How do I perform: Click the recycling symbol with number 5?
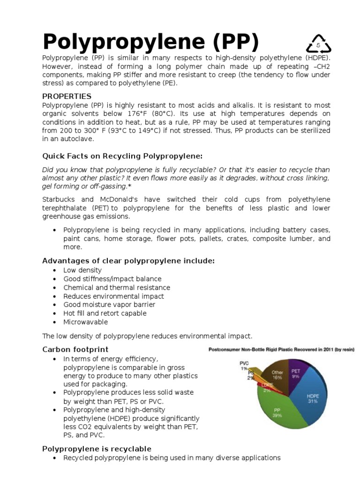318,44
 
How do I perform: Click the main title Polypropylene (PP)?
150,42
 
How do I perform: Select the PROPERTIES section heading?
67,96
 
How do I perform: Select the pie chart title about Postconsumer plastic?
281,349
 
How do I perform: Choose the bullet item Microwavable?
86,322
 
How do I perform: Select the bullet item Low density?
82,270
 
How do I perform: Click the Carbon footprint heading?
75,349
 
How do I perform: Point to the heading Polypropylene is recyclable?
97,449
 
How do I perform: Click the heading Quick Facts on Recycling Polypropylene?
122,156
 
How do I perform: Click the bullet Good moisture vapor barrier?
109,305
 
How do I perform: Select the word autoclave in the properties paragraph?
79,139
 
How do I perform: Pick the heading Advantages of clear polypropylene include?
128,261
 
